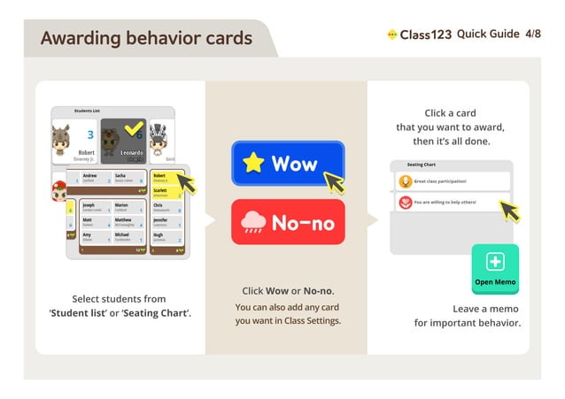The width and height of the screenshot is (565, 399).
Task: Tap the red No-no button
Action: click(287, 222)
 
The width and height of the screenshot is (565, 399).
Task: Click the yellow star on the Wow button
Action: click(254, 163)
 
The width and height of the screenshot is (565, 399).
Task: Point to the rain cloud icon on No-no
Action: click(253, 221)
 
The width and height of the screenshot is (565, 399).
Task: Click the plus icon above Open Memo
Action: click(495, 262)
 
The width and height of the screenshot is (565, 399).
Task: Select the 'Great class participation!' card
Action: click(452, 181)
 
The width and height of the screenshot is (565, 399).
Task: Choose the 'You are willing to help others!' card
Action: click(452, 203)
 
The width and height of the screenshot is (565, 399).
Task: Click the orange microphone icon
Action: click(405, 181)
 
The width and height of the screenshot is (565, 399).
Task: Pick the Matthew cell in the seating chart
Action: click(127, 226)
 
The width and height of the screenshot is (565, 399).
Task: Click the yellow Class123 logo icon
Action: click(392, 35)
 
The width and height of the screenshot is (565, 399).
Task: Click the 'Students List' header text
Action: click(87, 111)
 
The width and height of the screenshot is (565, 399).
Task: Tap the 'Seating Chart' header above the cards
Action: click(422, 165)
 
